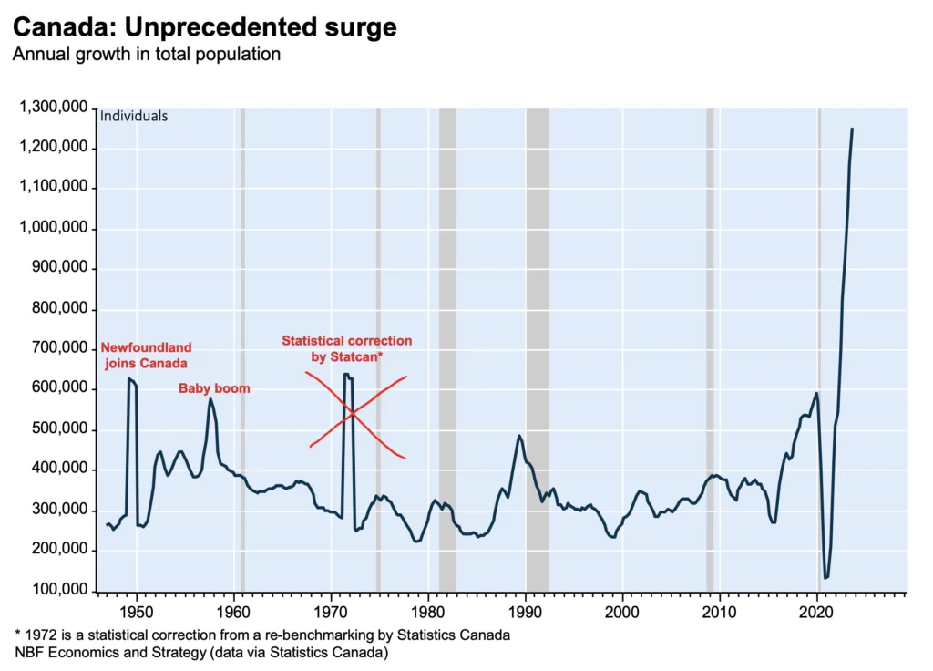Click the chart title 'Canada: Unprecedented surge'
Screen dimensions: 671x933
pyautogui.click(x=204, y=27)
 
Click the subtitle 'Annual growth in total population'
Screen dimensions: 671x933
pyautogui.click(x=146, y=55)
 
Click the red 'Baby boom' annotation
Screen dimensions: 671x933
pyautogui.click(x=214, y=388)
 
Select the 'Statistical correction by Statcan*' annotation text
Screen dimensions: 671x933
pyautogui.click(x=346, y=348)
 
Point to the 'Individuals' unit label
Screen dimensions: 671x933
pyautogui.click(x=134, y=117)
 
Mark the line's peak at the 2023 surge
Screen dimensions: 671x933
pyautogui.click(x=852, y=129)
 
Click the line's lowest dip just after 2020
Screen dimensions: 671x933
pyautogui.click(x=825, y=577)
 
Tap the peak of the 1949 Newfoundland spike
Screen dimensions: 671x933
pyautogui.click(x=129, y=378)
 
